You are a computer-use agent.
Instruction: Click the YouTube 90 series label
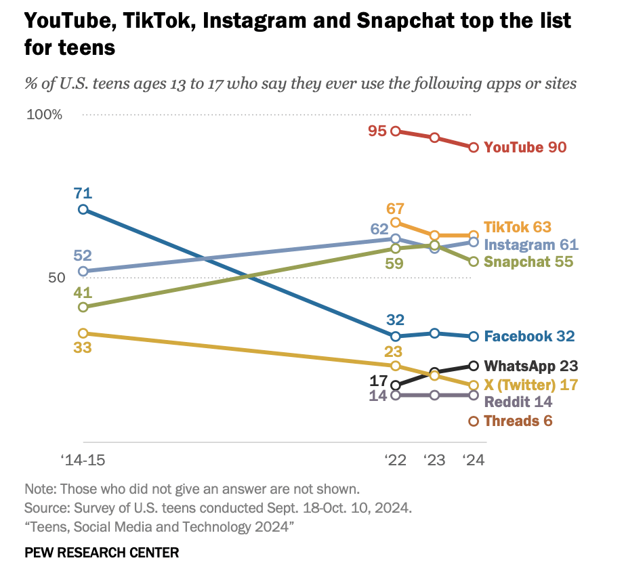pos(525,148)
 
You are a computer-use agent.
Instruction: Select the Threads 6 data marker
pos(474,421)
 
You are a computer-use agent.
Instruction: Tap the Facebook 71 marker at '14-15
pos(83,209)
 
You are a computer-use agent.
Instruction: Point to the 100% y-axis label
pos(44,114)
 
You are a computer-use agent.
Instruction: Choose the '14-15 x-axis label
pos(83,461)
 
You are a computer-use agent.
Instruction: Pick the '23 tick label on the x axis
pos(434,461)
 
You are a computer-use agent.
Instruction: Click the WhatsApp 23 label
pos(531,366)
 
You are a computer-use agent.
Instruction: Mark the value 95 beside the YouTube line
pos(377,131)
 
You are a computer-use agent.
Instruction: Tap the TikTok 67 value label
pos(395,207)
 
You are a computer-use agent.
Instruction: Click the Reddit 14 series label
pos(518,401)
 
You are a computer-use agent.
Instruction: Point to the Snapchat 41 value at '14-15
pos(83,293)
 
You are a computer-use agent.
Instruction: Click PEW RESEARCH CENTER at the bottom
pos(102,553)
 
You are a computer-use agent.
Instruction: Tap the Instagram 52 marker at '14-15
pos(83,272)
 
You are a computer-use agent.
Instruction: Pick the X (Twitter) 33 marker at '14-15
pos(83,333)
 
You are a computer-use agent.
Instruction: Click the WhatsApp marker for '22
pos(396,385)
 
